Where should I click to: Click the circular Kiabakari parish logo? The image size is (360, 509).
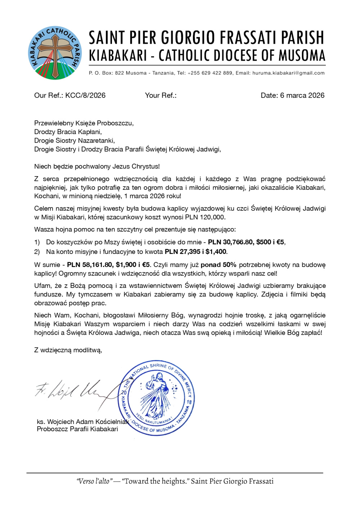click(55, 53)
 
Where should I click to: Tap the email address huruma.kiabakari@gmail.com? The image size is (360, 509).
click(288, 73)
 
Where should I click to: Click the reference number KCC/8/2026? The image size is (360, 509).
click(85, 95)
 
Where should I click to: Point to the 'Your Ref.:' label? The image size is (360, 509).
click(161, 95)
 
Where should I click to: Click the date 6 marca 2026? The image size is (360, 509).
click(302, 95)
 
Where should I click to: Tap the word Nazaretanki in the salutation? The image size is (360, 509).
click(98, 140)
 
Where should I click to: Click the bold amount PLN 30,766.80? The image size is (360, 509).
click(230, 242)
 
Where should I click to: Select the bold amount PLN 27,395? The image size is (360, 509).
click(183, 252)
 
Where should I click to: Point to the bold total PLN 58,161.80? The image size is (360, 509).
click(90, 265)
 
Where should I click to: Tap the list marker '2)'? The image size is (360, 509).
click(37, 252)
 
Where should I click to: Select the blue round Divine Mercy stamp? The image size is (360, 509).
click(156, 398)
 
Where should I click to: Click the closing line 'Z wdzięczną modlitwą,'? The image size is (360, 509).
click(68, 350)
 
